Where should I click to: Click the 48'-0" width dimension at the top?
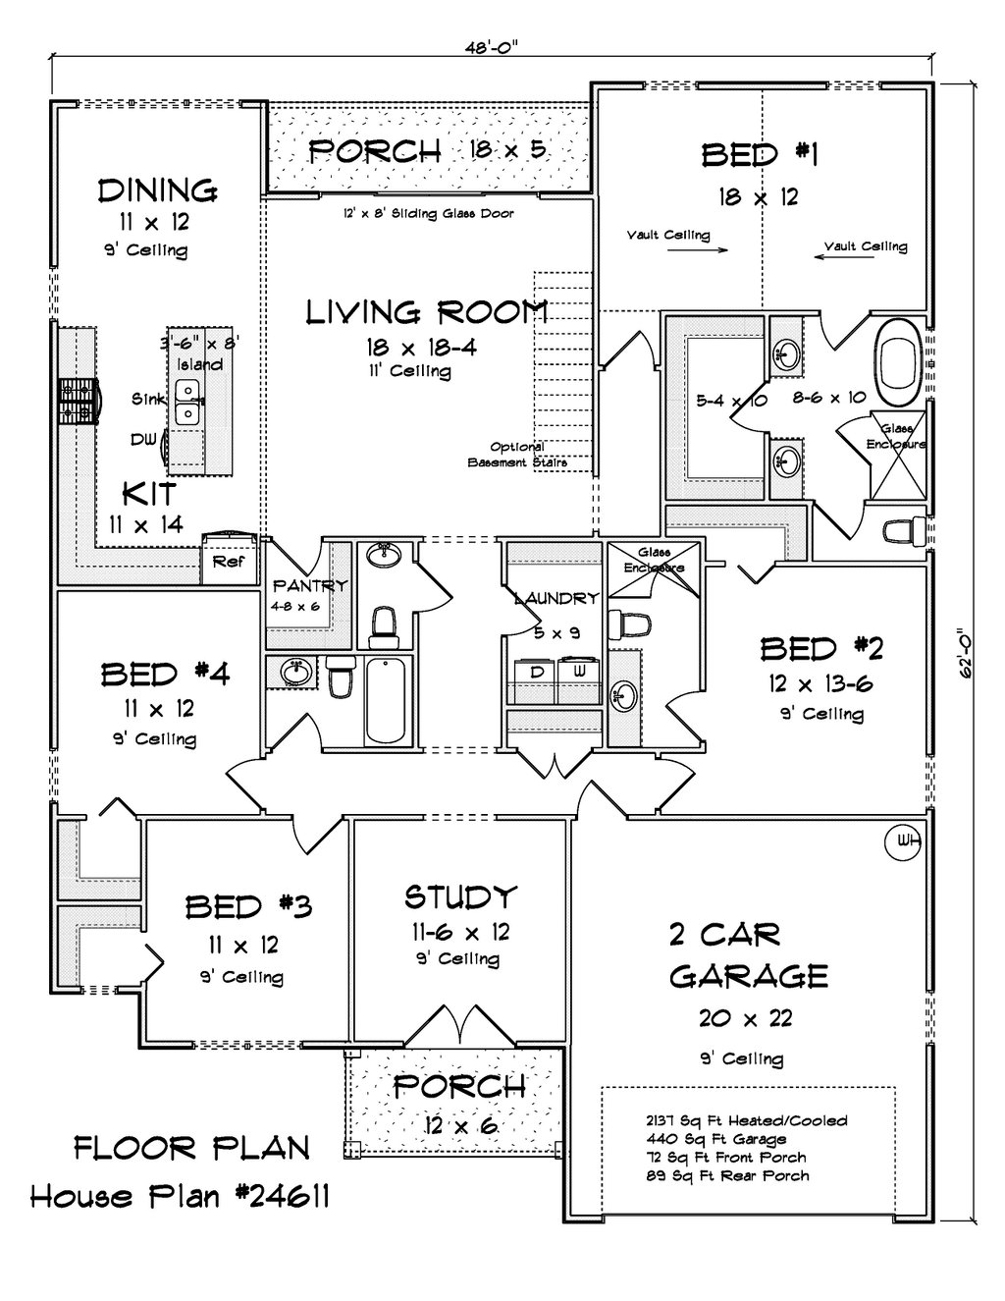(491, 49)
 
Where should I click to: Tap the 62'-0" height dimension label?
(965, 653)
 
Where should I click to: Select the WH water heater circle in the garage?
(902, 843)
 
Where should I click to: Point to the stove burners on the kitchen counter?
(78, 402)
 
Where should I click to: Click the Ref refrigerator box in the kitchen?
(229, 560)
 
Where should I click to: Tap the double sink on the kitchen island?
(188, 403)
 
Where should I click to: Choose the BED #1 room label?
(759, 155)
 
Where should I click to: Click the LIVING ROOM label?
(427, 312)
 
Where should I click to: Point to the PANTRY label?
(309, 585)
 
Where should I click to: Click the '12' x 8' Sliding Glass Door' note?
(428, 213)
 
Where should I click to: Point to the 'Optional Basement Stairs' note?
(517, 455)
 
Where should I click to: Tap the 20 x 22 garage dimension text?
(745, 1018)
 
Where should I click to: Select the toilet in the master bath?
(905, 531)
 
